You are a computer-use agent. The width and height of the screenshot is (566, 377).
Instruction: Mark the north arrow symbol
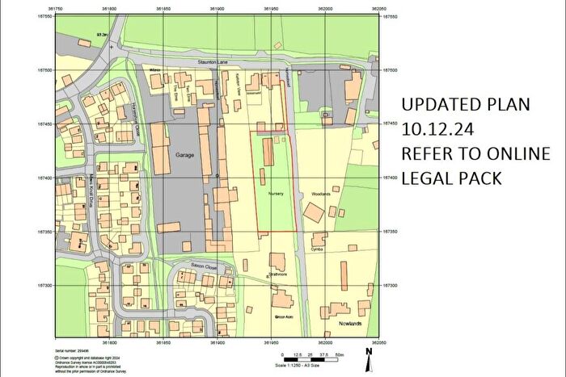[x=369, y=352]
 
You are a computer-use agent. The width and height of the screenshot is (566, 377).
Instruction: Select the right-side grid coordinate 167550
[x=394, y=17]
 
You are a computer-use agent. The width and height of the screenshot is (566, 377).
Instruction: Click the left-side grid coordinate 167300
[x=43, y=286]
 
